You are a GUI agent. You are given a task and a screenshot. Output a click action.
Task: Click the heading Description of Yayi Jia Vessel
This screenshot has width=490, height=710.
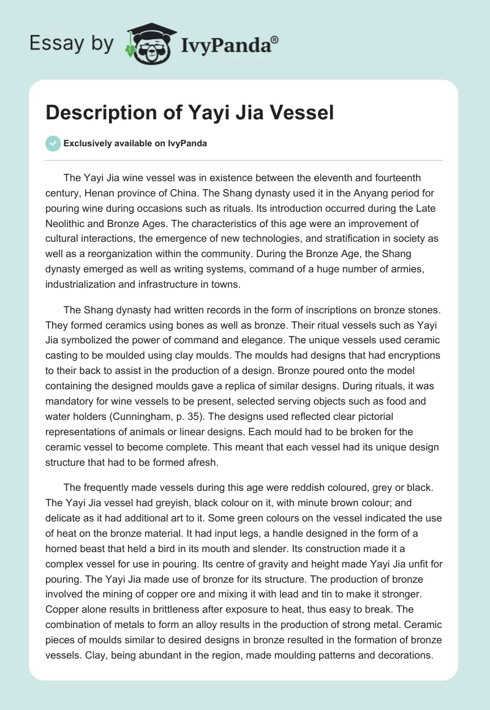pos(190,114)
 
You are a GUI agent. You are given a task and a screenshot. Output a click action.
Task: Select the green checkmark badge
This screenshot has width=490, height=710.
pos(53,143)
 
